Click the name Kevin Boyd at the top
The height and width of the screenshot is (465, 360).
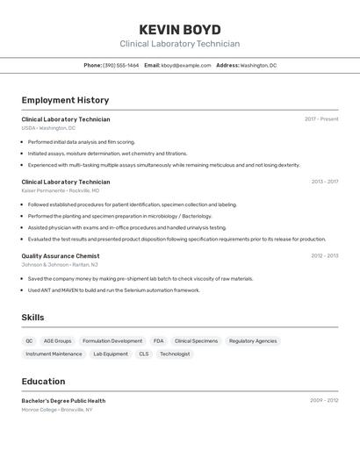tap(180, 29)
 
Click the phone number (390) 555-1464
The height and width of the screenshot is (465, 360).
tap(120, 65)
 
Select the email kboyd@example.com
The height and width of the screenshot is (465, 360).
tap(185, 65)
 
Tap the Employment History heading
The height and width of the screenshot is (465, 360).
tap(65, 100)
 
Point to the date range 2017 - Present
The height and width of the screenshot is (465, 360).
tap(321, 118)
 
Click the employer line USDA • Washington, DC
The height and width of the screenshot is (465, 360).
tap(48, 128)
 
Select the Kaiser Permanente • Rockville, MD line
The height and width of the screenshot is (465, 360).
tap(60, 190)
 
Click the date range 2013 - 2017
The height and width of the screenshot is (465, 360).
tap(324, 182)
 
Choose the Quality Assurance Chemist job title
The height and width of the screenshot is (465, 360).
tap(61, 256)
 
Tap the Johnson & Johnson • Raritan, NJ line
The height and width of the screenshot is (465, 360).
tap(60, 264)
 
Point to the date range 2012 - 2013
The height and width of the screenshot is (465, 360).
tap(324, 256)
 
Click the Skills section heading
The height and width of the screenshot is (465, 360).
tap(32, 318)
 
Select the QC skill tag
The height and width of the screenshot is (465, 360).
tap(29, 340)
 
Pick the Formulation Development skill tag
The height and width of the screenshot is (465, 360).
tap(112, 340)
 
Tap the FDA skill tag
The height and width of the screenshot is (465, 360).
tap(158, 340)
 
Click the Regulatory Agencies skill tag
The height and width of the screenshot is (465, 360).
tap(253, 340)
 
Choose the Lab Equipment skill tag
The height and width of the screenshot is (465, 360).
tap(111, 354)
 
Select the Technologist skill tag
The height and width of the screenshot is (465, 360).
tap(175, 354)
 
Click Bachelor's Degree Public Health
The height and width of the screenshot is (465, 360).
tap(63, 400)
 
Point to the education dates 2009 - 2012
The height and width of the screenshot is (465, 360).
tap(324, 400)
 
